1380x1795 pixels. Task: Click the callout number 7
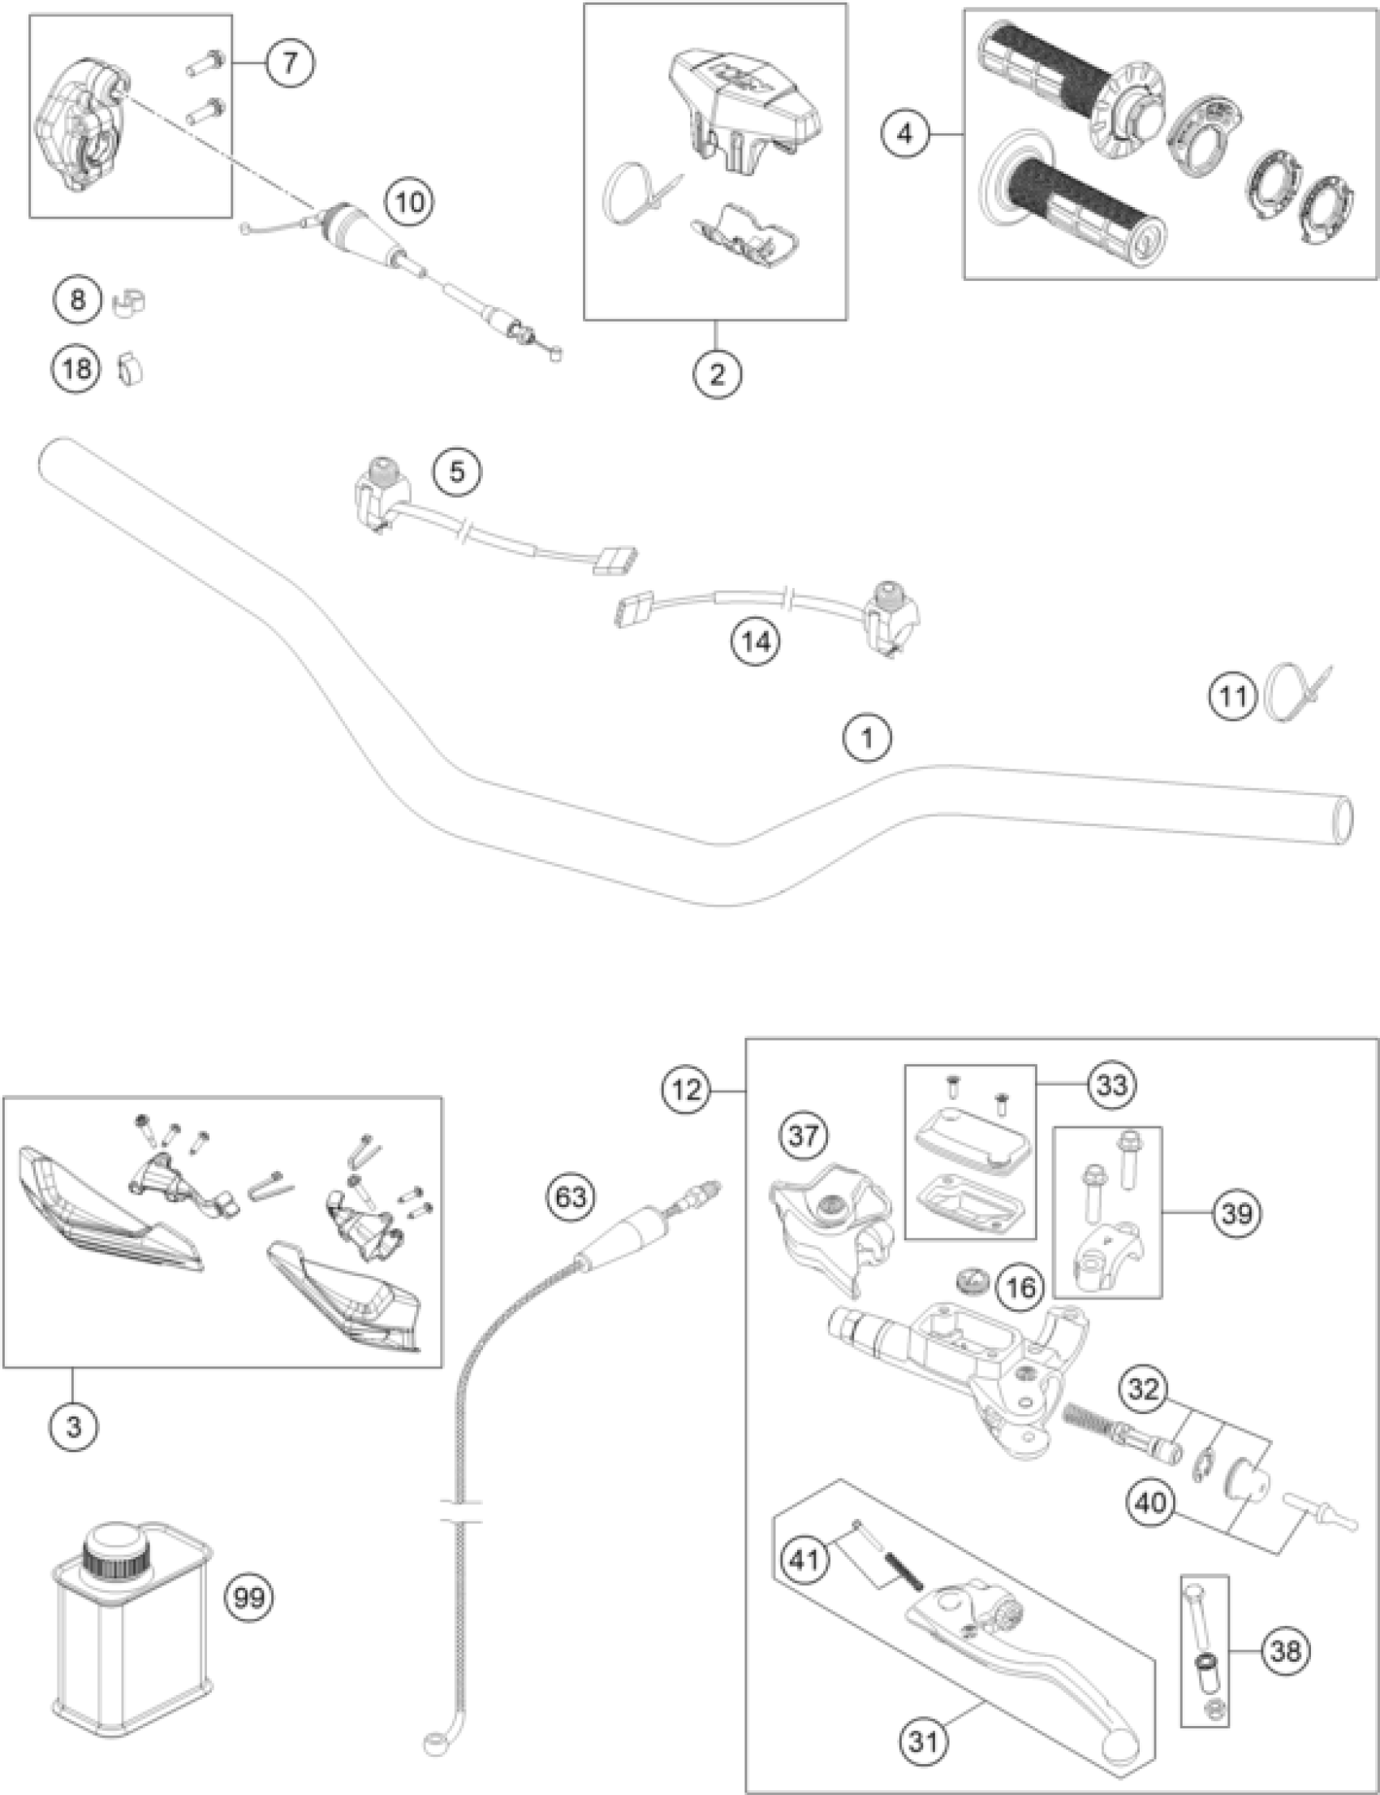[288, 63]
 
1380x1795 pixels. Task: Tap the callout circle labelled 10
[410, 201]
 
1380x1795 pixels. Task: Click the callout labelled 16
[1021, 1287]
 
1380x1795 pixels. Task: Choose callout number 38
[1285, 1650]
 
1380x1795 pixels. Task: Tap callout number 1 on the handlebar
[868, 738]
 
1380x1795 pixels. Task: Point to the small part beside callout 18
[129, 369]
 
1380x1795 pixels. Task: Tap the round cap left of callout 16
[972, 1279]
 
